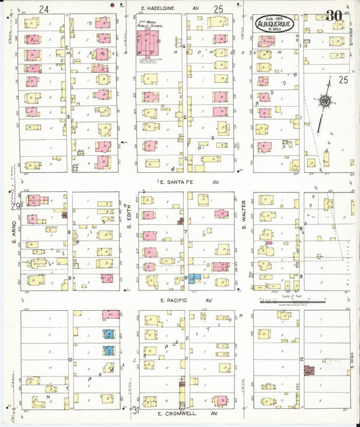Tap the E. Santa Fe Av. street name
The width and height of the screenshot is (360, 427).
coord(188,182)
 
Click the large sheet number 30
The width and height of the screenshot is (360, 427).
coord(333,15)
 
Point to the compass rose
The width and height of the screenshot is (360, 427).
coord(325,102)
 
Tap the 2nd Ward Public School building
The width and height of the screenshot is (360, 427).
coord(147,44)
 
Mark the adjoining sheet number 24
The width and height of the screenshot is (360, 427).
coord(45,9)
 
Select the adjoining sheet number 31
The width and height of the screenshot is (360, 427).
coord(134,410)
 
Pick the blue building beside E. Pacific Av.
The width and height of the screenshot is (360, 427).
coord(195,278)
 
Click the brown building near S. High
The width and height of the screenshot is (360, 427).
coord(309,370)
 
